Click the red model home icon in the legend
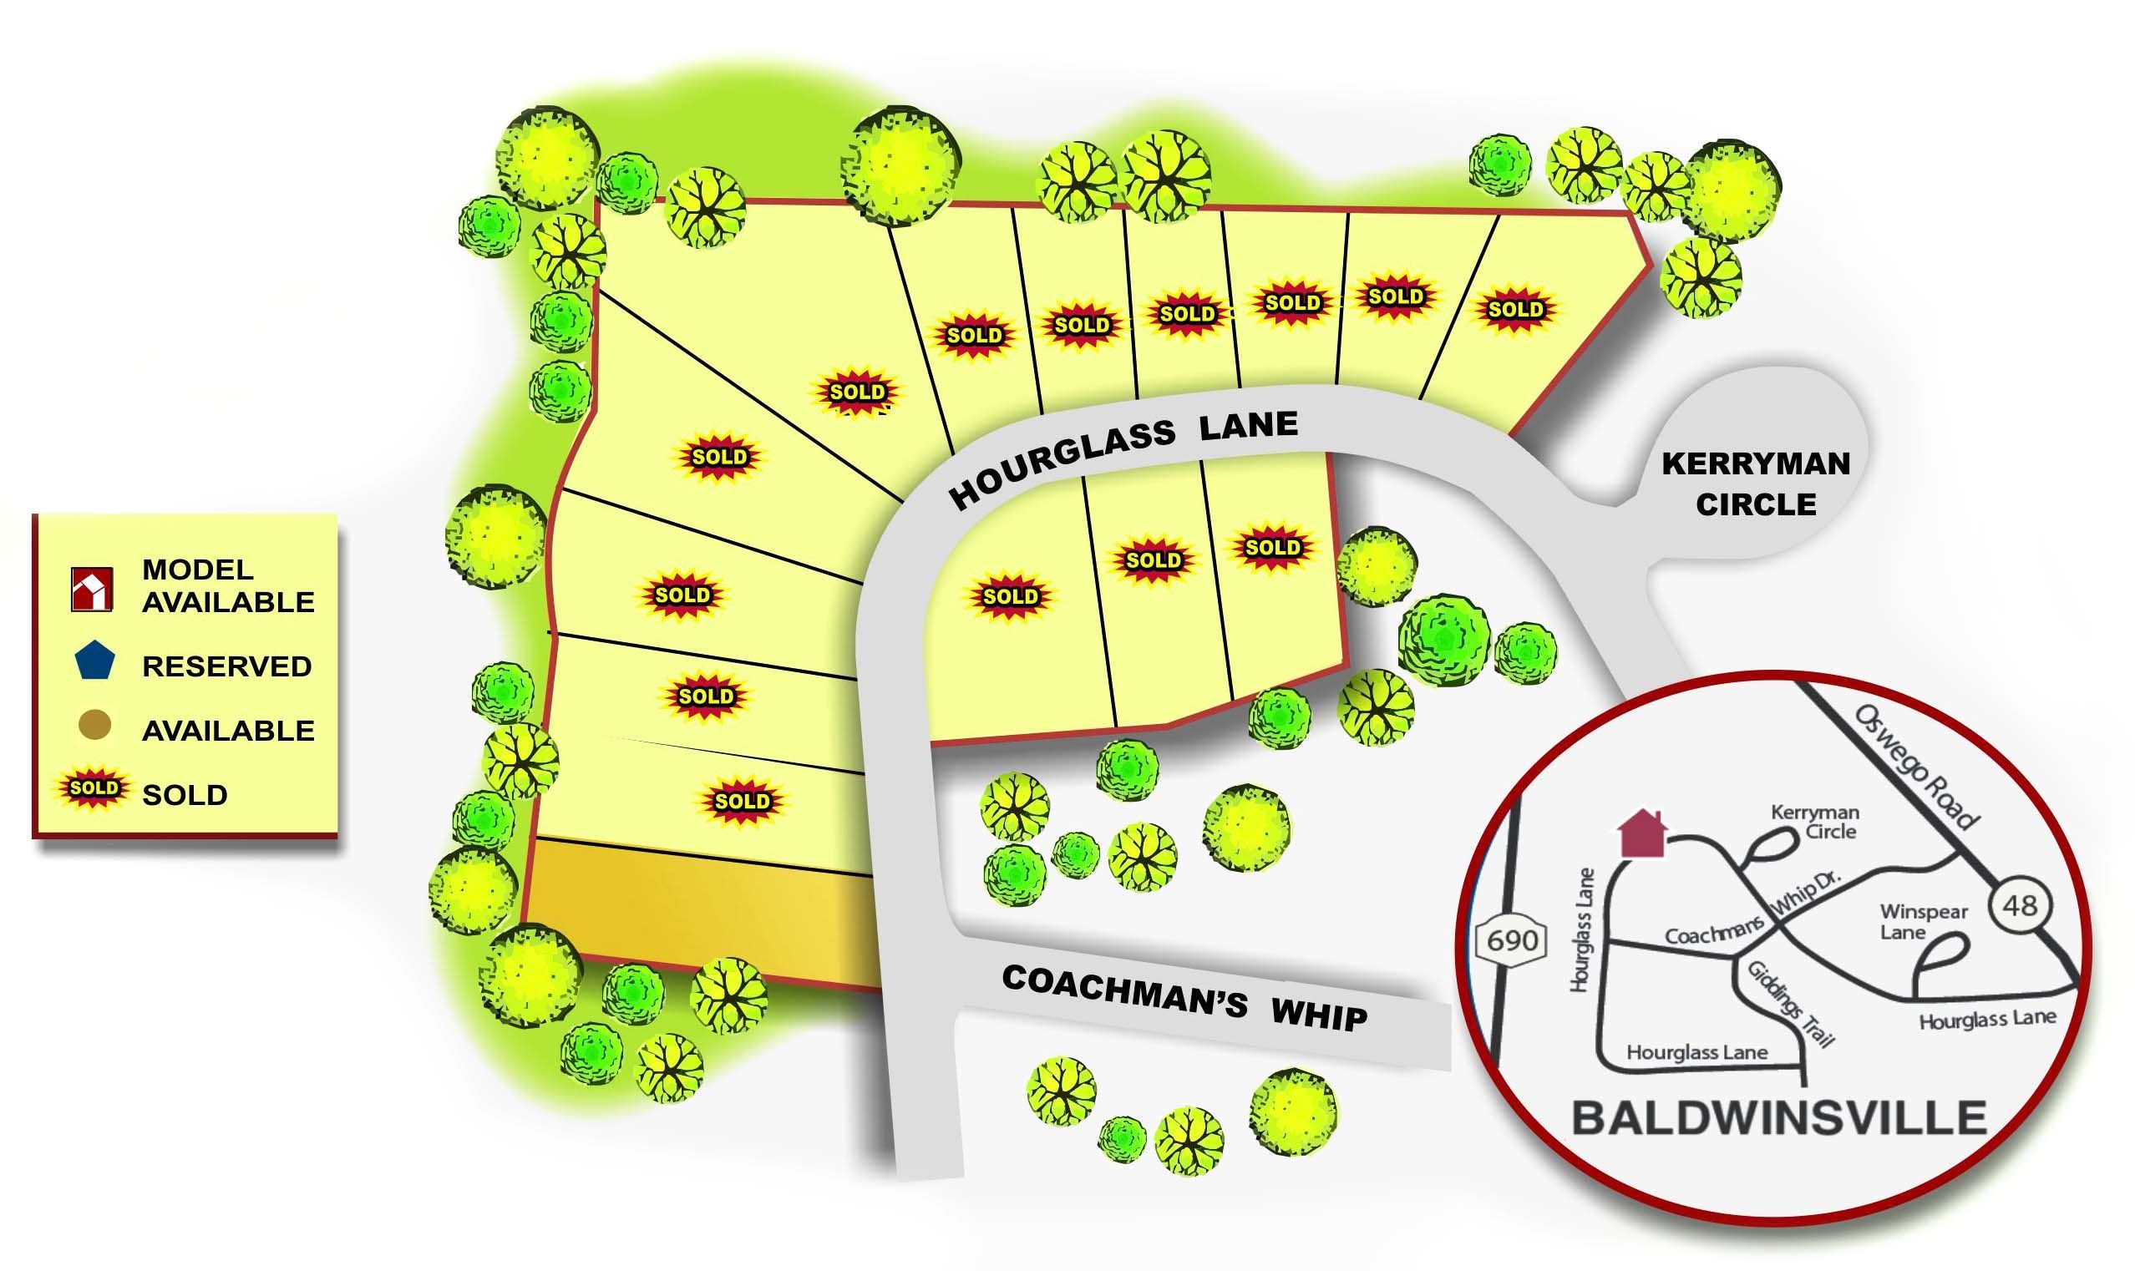pyautogui.click(x=92, y=590)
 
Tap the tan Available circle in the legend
pyautogui.click(x=94, y=726)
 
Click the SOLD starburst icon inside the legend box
pyautogui.click(x=94, y=788)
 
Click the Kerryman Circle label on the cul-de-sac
pyautogui.click(x=1756, y=484)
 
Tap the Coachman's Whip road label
pyautogui.click(x=1184, y=998)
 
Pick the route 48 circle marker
pyautogui.click(x=2021, y=905)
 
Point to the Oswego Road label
pyautogui.click(x=1917, y=767)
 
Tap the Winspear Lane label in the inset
pyautogui.click(x=1924, y=922)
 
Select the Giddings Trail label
pyautogui.click(x=1792, y=1005)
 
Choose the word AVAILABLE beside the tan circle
pyautogui.click(x=228, y=731)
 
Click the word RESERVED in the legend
pyautogui.click(x=227, y=666)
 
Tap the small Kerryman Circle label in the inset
pyautogui.click(x=1815, y=822)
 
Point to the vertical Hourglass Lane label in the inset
pyautogui.click(x=1582, y=930)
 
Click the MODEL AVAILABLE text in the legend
pyautogui.click(x=228, y=586)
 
